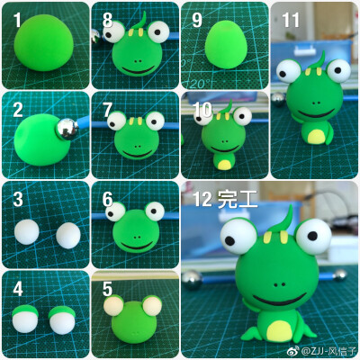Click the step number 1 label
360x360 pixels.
17,21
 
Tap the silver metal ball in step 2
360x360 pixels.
67,130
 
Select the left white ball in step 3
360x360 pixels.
27,232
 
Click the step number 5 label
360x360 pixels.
107,289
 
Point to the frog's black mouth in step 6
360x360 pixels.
138,247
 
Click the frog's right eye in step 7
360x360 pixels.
155,121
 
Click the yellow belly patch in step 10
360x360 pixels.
225,165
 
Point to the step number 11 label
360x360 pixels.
291,21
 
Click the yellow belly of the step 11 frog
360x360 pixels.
315,136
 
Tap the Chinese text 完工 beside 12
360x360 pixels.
238,199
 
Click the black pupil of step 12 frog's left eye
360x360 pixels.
229,240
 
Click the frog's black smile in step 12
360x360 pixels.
280,301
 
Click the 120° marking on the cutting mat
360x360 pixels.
198,83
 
